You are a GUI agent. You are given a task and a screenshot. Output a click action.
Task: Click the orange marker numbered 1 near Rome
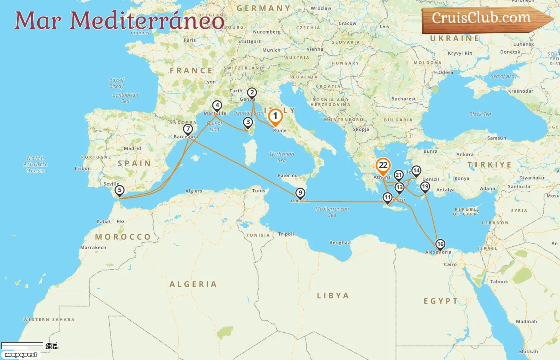275,116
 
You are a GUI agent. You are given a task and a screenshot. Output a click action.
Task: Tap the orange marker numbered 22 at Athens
383,166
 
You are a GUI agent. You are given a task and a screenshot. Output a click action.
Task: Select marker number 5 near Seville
119,190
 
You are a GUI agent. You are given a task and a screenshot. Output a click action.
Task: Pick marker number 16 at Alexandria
440,244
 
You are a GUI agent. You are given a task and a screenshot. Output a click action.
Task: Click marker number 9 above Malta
300,193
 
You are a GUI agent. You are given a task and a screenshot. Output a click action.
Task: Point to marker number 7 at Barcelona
188,129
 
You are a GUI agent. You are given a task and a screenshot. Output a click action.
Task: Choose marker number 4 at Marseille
217,106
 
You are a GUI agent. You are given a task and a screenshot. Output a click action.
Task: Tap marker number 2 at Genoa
252,93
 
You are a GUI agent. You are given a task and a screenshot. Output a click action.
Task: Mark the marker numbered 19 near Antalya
425,186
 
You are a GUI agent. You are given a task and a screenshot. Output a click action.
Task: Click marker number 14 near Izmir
416,171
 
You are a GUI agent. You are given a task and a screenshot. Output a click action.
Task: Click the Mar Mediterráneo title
119,21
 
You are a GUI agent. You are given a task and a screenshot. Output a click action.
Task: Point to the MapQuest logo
21,355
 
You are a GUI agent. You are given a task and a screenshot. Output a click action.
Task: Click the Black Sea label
480,114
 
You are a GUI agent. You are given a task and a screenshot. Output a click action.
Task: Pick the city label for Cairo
450,264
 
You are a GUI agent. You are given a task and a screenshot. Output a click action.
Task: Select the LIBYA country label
333,296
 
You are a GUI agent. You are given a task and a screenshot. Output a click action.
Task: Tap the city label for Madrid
132,148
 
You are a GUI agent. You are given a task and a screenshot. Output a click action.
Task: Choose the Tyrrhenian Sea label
282,157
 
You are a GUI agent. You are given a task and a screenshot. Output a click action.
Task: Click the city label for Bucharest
403,99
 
